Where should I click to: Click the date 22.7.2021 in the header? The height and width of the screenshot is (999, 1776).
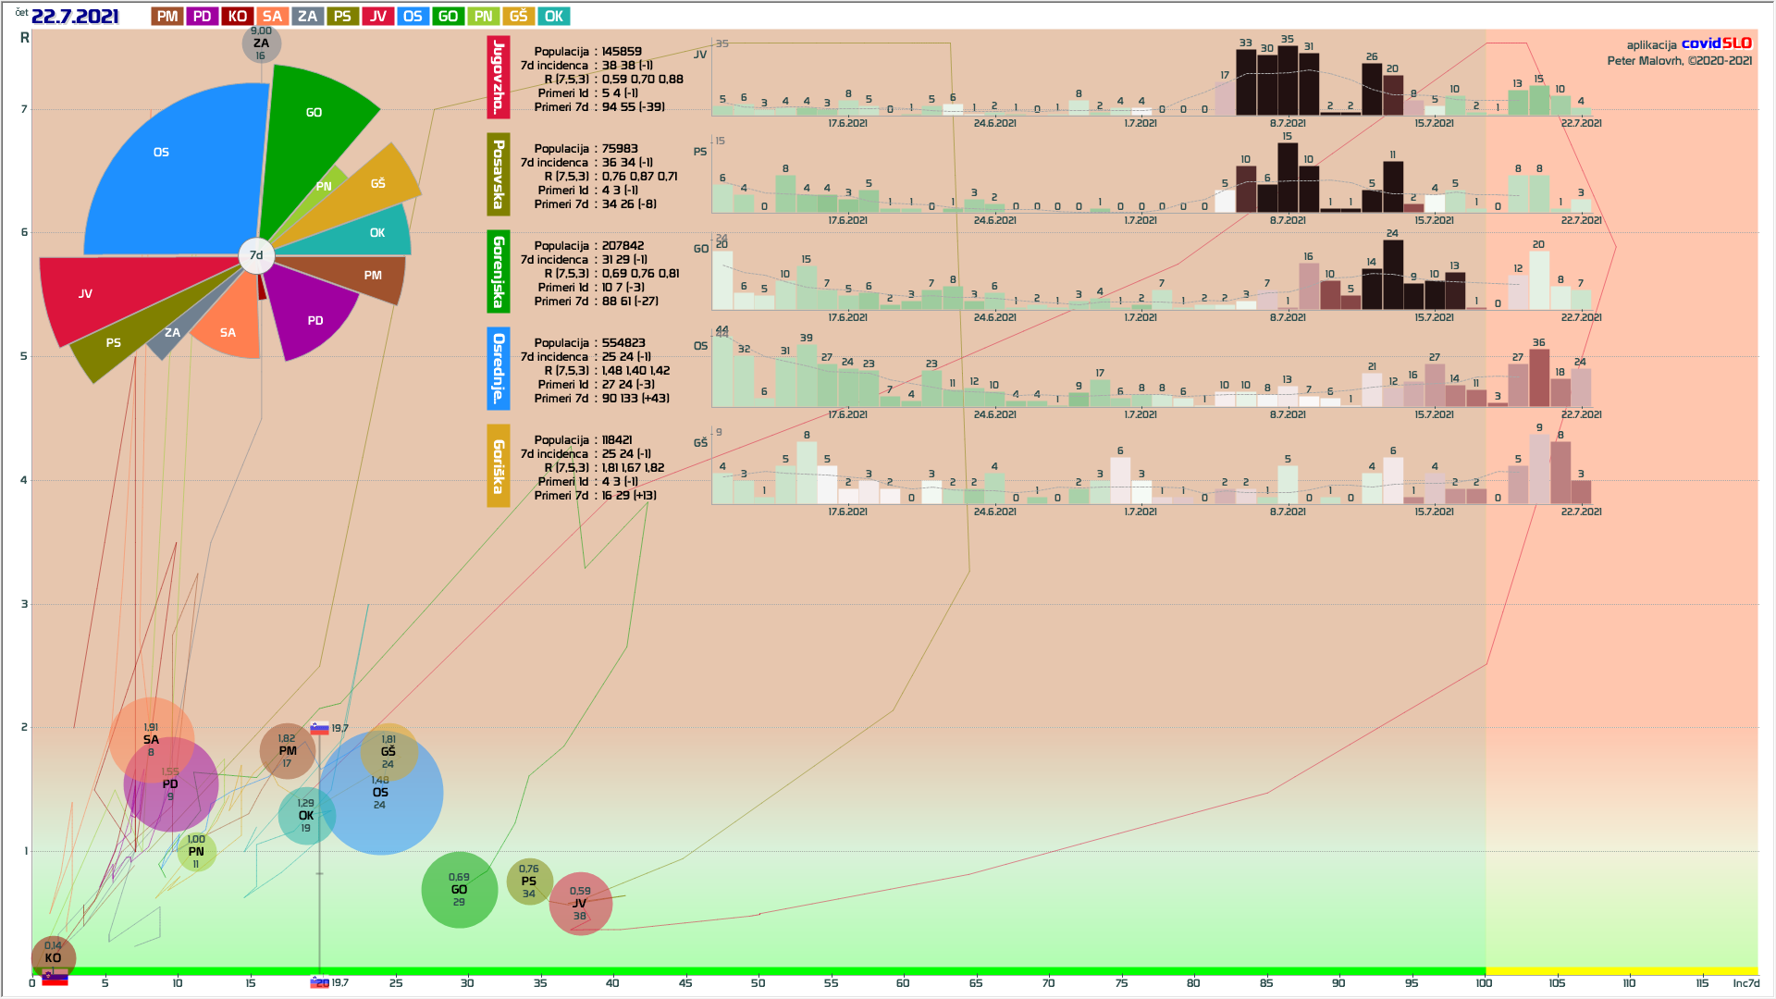point(75,17)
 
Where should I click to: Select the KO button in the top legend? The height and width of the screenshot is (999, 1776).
point(237,17)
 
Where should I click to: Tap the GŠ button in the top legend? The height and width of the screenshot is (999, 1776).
point(518,17)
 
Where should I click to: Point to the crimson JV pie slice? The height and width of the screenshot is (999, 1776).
point(102,296)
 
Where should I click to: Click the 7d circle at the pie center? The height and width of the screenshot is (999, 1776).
point(256,255)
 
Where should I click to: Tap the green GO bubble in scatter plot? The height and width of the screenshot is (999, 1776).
point(459,890)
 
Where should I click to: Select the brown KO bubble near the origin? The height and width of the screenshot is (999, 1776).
point(53,956)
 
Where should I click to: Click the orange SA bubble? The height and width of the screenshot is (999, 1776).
point(151,739)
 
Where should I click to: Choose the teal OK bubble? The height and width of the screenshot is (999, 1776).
point(306,815)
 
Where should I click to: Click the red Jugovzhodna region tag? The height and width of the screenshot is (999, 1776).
point(499,78)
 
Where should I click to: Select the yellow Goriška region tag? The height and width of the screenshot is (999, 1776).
point(499,466)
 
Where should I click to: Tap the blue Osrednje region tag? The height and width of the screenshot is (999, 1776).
point(499,368)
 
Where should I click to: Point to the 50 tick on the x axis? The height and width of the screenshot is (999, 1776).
point(758,982)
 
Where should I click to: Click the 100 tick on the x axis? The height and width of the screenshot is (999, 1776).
point(1484,982)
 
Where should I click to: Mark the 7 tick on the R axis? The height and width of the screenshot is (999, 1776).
point(25,109)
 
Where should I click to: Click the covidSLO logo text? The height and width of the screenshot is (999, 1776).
point(1716,43)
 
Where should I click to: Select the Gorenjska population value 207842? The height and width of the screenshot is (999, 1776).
point(623,246)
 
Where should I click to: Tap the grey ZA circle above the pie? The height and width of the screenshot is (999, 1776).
point(262,43)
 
